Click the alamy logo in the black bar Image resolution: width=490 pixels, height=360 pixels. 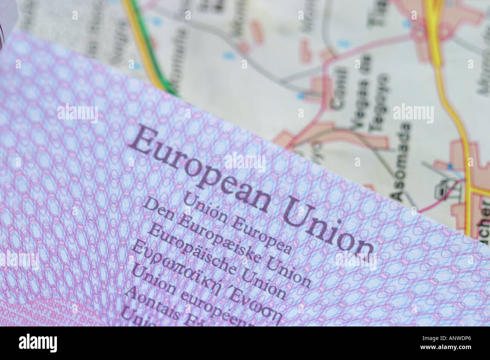click(x=38, y=343)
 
